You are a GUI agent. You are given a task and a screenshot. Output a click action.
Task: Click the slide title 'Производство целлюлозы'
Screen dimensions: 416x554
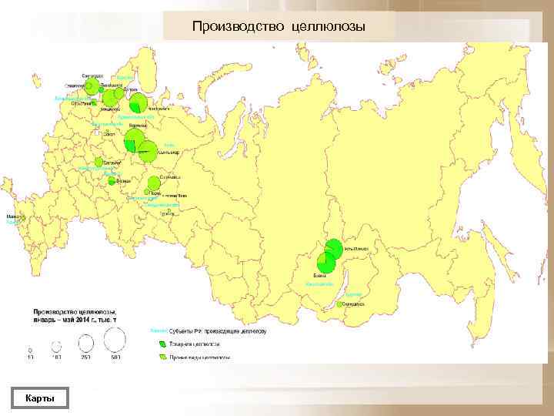tap(279, 27)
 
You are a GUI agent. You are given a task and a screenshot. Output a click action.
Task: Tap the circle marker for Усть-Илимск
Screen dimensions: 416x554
tap(333, 249)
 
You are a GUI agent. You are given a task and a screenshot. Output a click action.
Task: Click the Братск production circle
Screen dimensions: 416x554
tap(325, 263)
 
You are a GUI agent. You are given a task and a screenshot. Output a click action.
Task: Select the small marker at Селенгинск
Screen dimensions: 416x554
tap(339, 304)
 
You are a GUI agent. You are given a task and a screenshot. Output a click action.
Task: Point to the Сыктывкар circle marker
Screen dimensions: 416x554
tap(148, 153)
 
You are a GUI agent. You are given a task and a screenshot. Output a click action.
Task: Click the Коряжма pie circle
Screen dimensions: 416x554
tap(133, 139)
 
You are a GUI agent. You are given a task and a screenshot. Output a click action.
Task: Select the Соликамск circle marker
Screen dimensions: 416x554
tap(155, 183)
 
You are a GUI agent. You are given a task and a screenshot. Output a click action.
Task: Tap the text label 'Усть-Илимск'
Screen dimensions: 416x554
tap(354, 249)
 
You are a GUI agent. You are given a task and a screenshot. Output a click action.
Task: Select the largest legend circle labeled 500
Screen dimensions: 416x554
tap(115, 341)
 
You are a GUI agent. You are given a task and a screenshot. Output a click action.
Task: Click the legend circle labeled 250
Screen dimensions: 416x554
tap(85, 344)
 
